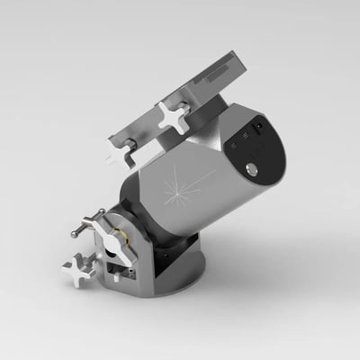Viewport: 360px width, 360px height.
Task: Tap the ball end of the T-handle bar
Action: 75,235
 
